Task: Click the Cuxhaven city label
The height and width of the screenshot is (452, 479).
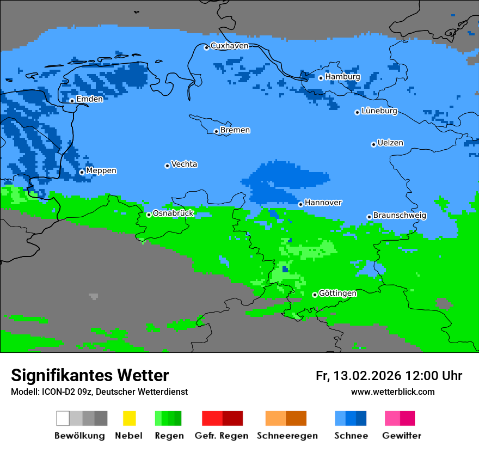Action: tap(229, 46)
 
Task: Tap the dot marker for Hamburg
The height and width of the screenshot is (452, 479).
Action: tap(321, 78)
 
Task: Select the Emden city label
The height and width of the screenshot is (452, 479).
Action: tap(89, 99)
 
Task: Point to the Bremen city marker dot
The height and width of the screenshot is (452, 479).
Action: tap(216, 131)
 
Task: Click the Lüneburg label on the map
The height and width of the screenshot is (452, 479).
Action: tap(379, 111)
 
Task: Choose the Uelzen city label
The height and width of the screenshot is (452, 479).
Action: tap(390, 143)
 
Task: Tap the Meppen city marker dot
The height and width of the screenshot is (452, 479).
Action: tap(82, 172)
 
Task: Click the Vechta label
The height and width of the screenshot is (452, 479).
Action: tap(184, 164)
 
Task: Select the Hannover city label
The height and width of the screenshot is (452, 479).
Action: tap(323, 203)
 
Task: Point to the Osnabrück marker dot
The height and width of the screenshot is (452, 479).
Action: tap(149, 215)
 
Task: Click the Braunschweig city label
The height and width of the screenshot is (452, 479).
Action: tap(400, 216)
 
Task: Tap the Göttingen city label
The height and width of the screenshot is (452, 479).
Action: tap(337, 294)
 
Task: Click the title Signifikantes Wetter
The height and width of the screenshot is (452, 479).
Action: tap(90, 375)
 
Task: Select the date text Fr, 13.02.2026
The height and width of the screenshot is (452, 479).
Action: tap(358, 376)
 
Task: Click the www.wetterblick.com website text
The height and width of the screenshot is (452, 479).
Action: tap(392, 392)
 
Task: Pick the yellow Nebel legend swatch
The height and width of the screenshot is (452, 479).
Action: tap(129, 418)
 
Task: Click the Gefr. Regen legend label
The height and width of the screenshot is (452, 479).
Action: tap(222, 436)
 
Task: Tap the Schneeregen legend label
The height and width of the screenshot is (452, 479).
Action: tap(287, 436)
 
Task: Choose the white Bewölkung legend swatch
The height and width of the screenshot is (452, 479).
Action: tap(63, 418)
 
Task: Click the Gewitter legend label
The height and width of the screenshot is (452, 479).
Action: tap(402, 436)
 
